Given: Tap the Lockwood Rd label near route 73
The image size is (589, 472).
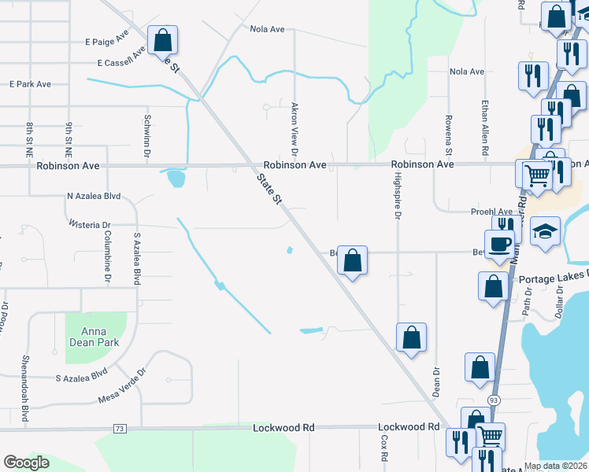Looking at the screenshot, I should coord(283,428).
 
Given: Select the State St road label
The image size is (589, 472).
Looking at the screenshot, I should coord(269,190).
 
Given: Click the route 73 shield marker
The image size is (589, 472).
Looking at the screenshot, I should coord(120,428).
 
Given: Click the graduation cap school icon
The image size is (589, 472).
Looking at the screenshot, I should coord(545,231).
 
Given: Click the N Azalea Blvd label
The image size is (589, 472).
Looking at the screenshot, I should coord(94,196).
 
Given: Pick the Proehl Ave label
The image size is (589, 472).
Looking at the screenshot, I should coord(492,212).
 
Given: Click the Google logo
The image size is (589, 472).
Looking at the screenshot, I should coord(27,462).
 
